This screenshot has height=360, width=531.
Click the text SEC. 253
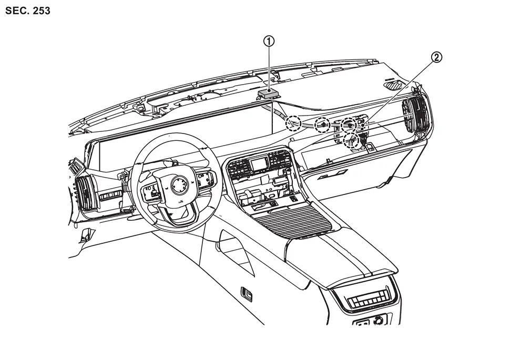[28, 11]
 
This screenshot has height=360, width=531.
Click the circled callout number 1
[269, 42]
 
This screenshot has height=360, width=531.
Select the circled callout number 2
[436, 58]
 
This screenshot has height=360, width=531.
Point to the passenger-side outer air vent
[415, 114]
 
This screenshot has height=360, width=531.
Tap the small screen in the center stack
[259, 164]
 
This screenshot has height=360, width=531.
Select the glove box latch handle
[333, 175]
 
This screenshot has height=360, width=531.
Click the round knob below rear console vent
[379, 320]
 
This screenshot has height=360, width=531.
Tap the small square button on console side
[247, 294]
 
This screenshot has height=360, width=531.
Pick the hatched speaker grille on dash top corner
[393, 84]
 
